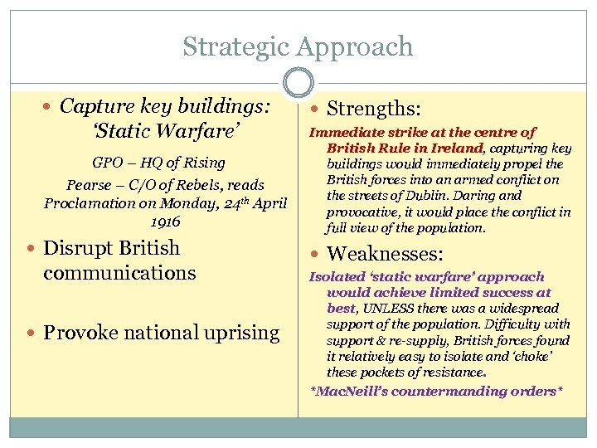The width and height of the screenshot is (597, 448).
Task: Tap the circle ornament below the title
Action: coord(298,82)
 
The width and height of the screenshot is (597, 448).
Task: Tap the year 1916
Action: coord(166,222)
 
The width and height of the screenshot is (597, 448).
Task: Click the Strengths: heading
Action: coord(374,109)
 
